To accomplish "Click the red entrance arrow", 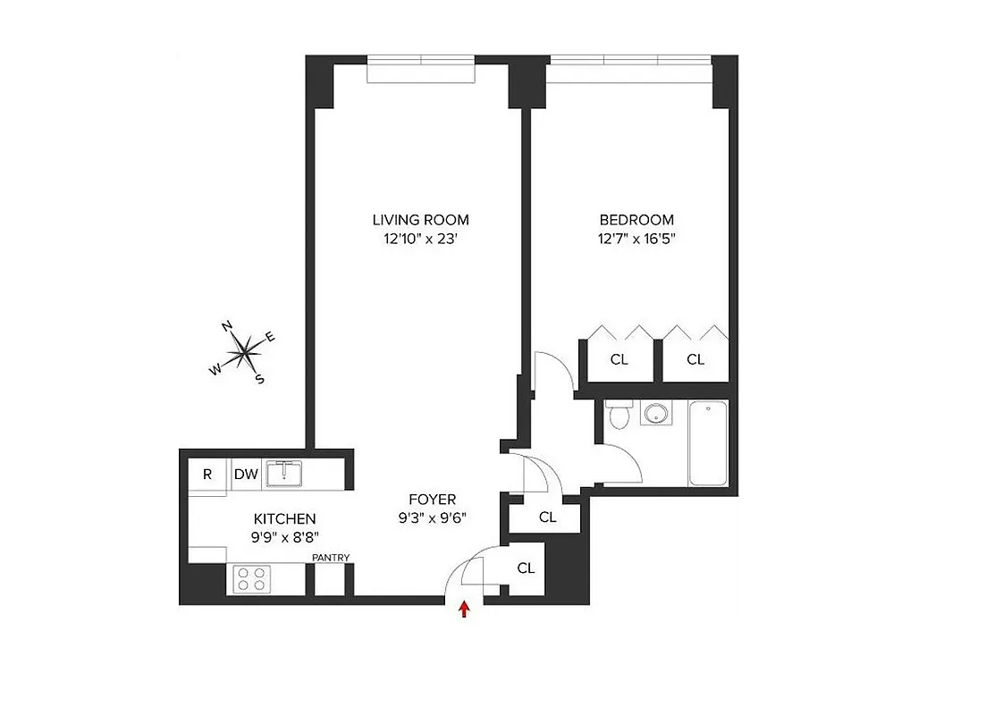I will pyautogui.click(x=464, y=610).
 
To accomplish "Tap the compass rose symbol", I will pyautogui.click(x=244, y=353).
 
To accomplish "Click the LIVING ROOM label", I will pyautogui.click(x=420, y=220).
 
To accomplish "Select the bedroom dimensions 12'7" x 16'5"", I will pyautogui.click(x=636, y=239).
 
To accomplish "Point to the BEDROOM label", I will pyautogui.click(x=636, y=220).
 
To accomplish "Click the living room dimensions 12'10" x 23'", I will pyautogui.click(x=420, y=239).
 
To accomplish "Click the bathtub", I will pyautogui.click(x=708, y=442).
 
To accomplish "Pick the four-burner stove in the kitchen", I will pyautogui.click(x=251, y=579).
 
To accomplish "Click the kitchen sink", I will pyautogui.click(x=283, y=473).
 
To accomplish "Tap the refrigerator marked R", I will pyautogui.click(x=207, y=475).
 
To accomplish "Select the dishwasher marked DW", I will pyautogui.click(x=246, y=475).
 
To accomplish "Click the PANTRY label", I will pyautogui.click(x=331, y=559).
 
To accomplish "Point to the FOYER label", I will pyautogui.click(x=433, y=500).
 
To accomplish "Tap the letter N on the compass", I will pyautogui.click(x=228, y=325).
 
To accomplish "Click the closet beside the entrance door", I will pyautogui.click(x=526, y=568).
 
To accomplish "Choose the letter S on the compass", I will pyautogui.click(x=260, y=379).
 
